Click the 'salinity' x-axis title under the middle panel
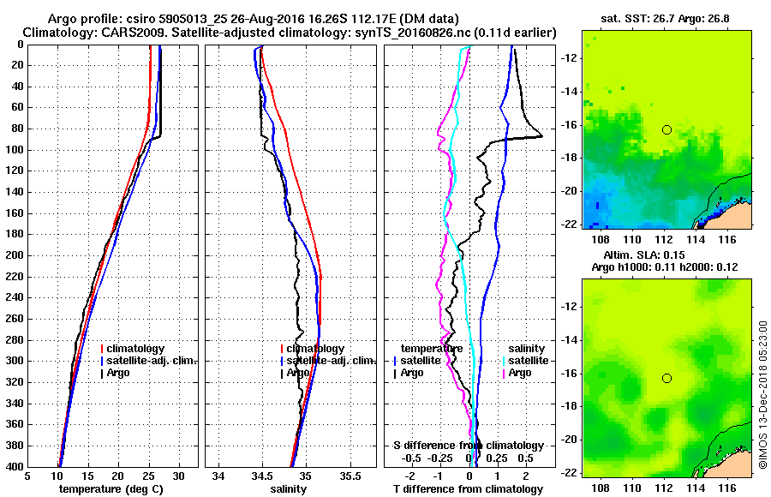[288, 489]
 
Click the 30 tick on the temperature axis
[179, 476]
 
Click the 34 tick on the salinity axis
[218, 476]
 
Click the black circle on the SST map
[666, 129]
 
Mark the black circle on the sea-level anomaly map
[666, 378]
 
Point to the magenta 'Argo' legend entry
[519, 373]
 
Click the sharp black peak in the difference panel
[541, 136]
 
